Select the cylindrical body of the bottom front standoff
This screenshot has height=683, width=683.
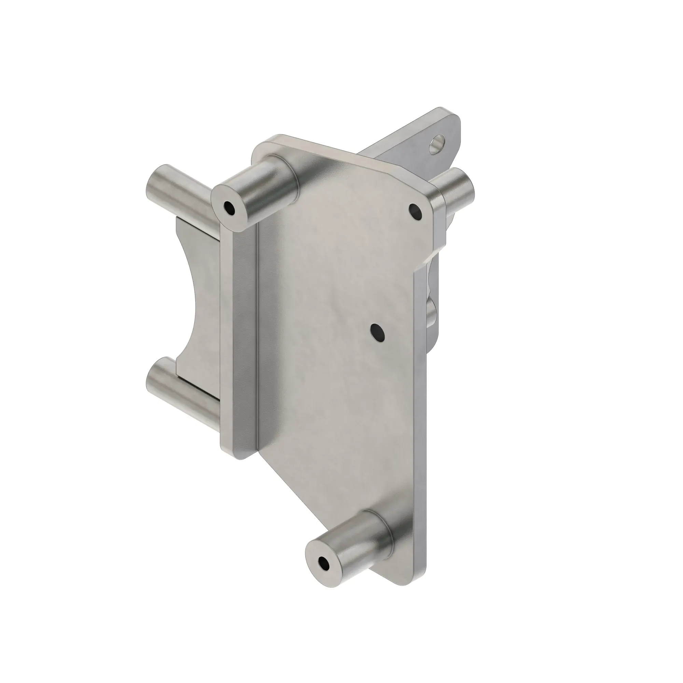pos(357,548)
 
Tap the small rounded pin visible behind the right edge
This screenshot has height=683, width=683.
pos(432,313)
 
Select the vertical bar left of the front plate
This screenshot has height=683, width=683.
pos(239,336)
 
